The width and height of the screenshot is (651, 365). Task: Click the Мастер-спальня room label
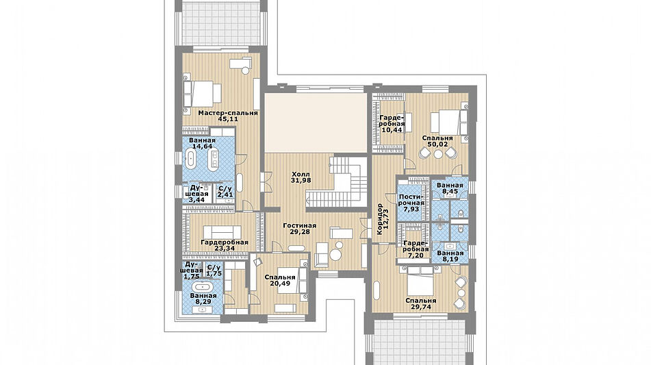228,113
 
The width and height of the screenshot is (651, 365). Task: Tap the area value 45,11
228,119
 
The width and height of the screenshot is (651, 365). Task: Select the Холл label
301,175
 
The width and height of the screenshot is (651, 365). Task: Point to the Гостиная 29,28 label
300,229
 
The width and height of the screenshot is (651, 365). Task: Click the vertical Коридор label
379,219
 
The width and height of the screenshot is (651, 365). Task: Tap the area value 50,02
437,144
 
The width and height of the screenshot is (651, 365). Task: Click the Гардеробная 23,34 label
225,245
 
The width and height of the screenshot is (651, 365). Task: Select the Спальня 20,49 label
280,280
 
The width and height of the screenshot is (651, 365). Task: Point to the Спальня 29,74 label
421,304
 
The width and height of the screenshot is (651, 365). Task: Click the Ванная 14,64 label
202,143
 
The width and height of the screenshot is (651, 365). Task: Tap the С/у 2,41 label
225,192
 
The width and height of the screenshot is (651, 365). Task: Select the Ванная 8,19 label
450,256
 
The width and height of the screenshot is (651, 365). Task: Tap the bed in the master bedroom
203,94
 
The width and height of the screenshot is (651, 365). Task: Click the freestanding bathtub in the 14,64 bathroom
191,160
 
